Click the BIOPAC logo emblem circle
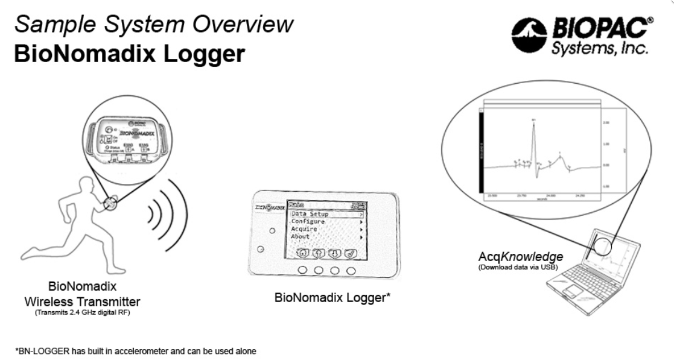529,34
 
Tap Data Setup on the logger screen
310,214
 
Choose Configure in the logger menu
308,222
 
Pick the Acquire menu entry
304,229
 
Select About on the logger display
300,237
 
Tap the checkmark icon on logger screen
351,253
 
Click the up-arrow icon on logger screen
319,253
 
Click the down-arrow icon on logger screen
335,253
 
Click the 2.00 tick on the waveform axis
606,122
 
